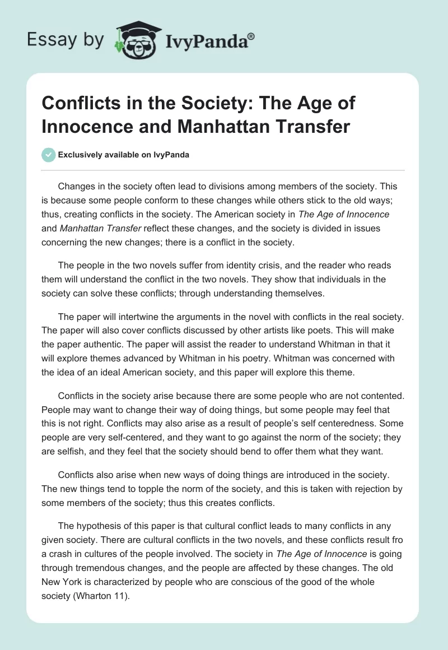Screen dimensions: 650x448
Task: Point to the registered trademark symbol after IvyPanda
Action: pyautogui.click(x=251, y=36)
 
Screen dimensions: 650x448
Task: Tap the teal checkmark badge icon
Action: pyautogui.click(x=49, y=155)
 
